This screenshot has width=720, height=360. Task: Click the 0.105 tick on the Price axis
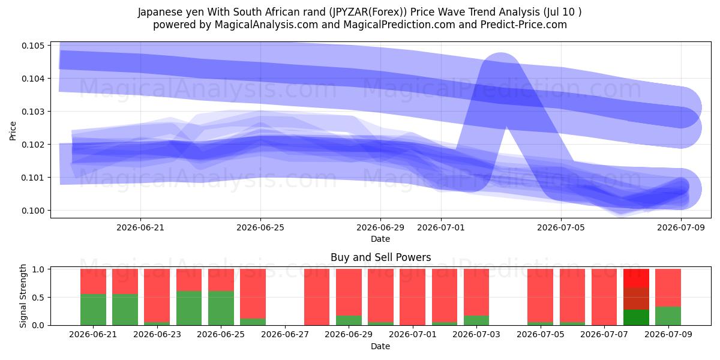pyautogui.click(x=33, y=46)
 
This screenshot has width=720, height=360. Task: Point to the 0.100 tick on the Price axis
pyautogui.click(x=33, y=211)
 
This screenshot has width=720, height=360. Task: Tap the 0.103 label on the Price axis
pyautogui.click(x=33, y=112)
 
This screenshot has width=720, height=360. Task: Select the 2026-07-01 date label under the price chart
pyautogui.click(x=440, y=227)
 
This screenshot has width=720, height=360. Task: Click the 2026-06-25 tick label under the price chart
pyautogui.click(x=260, y=227)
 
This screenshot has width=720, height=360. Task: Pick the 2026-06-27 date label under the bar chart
pyautogui.click(x=285, y=334)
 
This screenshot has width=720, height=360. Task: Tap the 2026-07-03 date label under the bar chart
pyautogui.click(x=476, y=334)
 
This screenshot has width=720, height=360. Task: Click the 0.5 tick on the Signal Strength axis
pyautogui.click(x=38, y=298)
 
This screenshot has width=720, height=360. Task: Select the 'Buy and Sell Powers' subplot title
pyautogui.click(x=380, y=257)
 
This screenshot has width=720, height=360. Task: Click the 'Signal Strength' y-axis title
pyautogui.click(x=23, y=296)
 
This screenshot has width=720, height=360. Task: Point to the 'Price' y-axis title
pyautogui.click(x=13, y=131)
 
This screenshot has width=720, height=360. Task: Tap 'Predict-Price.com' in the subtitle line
pyautogui.click(x=524, y=25)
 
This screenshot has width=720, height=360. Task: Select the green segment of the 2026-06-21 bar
pyautogui.click(x=93, y=310)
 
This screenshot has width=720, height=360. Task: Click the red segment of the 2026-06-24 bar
pyautogui.click(x=189, y=280)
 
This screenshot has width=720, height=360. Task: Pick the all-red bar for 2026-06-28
pyautogui.click(x=317, y=297)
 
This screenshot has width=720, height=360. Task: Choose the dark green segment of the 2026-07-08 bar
pyautogui.click(x=636, y=317)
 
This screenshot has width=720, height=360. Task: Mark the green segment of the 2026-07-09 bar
pyautogui.click(x=668, y=316)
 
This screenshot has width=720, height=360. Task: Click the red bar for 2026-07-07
pyautogui.click(x=604, y=297)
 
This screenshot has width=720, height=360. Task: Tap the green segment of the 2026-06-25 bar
pyautogui.click(x=221, y=308)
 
